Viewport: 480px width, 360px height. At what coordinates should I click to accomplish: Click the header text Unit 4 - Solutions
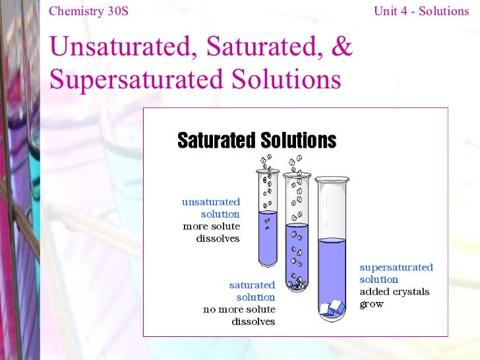tap(421, 11)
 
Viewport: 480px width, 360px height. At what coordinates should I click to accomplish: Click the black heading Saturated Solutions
tap(256, 140)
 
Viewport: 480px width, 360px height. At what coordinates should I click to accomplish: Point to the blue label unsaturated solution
tap(212, 208)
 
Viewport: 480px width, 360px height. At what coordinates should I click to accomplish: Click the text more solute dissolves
tap(212, 232)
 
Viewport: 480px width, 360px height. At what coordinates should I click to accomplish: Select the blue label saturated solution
tap(253, 291)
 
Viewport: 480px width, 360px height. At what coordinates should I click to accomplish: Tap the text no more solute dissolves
tap(239, 315)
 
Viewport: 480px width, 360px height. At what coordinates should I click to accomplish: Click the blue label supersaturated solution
tap(396, 273)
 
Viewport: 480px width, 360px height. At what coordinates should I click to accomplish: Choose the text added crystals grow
tap(394, 297)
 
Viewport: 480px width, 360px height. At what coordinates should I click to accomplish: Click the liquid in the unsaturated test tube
tap(268, 237)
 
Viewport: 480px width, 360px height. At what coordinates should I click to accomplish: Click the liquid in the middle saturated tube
tap(297, 251)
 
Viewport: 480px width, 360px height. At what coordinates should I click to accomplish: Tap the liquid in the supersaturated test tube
tap(332, 270)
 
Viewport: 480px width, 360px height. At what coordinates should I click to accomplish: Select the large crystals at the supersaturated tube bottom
tap(332, 307)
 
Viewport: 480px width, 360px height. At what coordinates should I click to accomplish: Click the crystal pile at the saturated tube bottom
tap(297, 284)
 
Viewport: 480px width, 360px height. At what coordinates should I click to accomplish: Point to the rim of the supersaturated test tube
tap(332, 179)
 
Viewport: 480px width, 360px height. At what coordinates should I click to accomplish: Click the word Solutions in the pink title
tap(291, 79)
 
